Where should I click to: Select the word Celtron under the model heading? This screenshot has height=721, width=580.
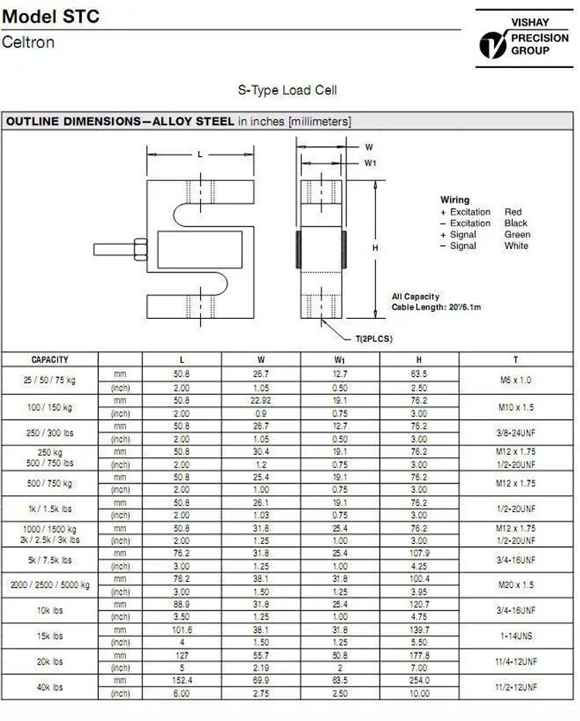coord(29,43)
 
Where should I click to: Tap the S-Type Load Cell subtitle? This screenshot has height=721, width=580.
coord(287,91)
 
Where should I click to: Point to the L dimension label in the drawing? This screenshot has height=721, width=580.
coord(200,155)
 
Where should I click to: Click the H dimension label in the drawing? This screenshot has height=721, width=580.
coord(375,248)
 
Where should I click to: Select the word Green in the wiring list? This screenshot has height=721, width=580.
coord(517,234)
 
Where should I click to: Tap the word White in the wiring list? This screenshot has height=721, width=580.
coord(516,246)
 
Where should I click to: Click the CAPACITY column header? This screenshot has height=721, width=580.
coord(49,360)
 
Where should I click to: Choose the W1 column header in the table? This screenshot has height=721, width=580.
coord(340,360)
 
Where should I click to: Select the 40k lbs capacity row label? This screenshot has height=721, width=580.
coord(49,687)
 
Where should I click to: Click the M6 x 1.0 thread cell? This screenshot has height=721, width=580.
coord(516,380)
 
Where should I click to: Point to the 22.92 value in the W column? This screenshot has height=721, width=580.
coord(261,401)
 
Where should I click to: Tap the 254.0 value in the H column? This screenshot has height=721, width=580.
coord(418,681)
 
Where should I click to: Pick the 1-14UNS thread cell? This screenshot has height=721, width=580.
coord(516,636)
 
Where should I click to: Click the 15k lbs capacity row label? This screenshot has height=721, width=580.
coord(49,636)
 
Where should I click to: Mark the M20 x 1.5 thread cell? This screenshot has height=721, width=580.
coord(516,585)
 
